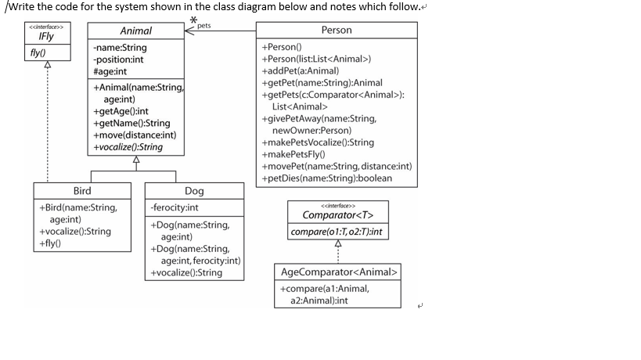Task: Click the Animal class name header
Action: click(x=135, y=31)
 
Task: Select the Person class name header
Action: click(x=337, y=30)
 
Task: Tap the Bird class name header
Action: click(x=82, y=191)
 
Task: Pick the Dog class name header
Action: click(x=194, y=191)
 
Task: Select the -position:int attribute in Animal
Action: click(x=118, y=59)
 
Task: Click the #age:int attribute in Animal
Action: click(x=110, y=71)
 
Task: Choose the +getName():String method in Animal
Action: click(x=131, y=123)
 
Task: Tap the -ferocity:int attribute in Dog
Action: click(x=175, y=207)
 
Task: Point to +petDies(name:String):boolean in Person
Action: click(x=327, y=178)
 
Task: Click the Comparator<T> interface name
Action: click(x=338, y=214)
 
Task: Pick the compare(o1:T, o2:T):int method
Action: click(x=338, y=232)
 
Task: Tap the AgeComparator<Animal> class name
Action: click(x=338, y=272)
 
